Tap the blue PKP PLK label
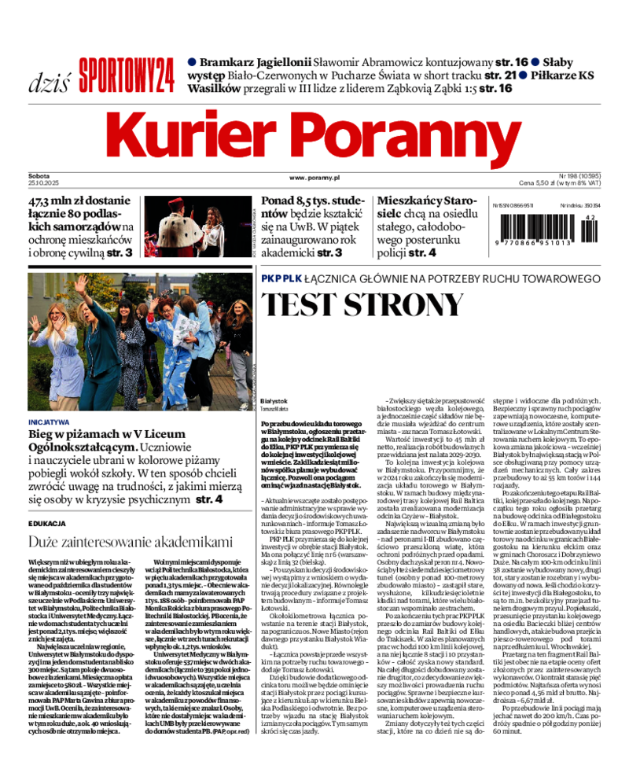281,278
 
